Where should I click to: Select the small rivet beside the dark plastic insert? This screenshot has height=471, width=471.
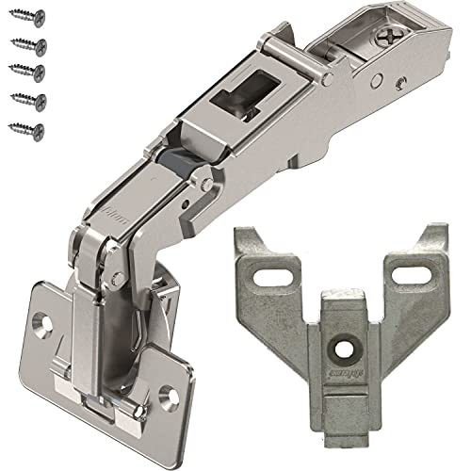[x=201, y=174]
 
